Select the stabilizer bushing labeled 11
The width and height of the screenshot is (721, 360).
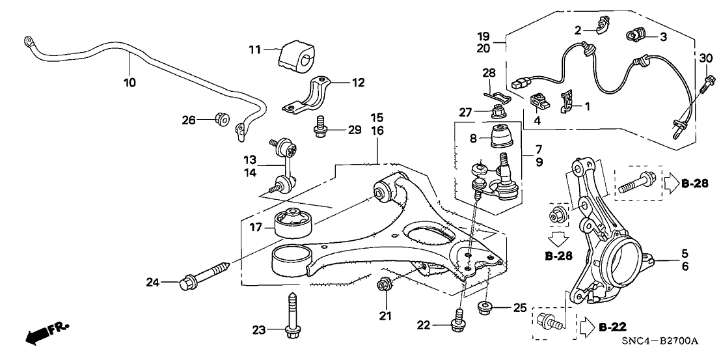point(297,57)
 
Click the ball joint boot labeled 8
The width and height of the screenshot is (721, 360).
point(501,138)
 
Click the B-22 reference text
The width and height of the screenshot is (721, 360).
point(612,326)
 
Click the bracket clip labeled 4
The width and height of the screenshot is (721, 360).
point(537,101)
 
